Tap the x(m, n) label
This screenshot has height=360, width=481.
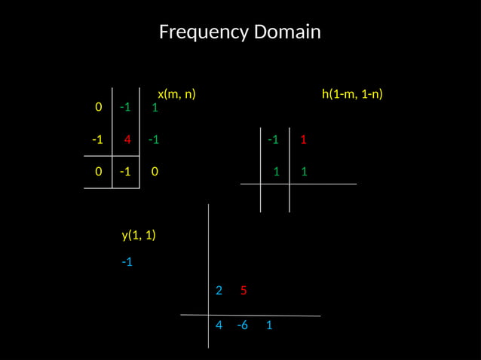tap(176, 94)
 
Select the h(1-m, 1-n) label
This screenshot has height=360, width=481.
tap(352, 94)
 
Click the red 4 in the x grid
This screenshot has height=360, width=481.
tap(127, 139)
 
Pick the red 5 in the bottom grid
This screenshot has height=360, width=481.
tap(244, 291)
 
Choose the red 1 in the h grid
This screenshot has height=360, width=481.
tap(303, 139)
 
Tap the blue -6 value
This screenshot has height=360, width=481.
tap(242, 326)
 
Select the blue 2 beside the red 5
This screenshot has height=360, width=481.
tap(219, 291)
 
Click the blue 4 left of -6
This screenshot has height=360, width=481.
tap(219, 326)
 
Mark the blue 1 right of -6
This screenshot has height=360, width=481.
tap(269, 326)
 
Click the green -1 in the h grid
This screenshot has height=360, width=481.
tap(273, 139)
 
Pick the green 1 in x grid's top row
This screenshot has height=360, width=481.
tap(155, 108)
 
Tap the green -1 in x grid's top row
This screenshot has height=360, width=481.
tap(125, 107)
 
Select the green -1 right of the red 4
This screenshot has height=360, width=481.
tap(153, 139)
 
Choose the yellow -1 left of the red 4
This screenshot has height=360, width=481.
tap(97, 139)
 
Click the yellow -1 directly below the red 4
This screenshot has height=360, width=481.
tap(125, 172)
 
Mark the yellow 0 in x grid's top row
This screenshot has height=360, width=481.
tap(98, 107)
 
